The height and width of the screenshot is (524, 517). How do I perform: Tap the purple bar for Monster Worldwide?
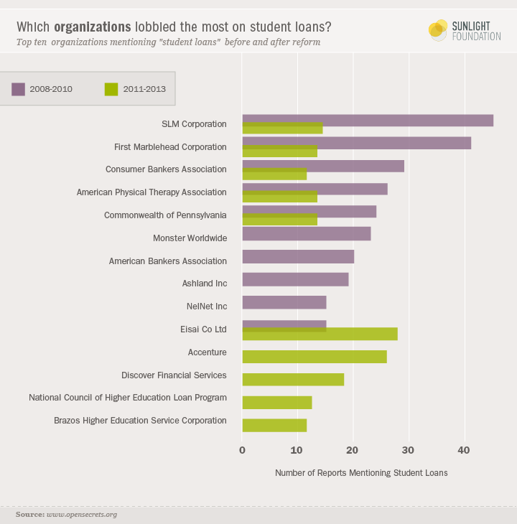tap(307, 234)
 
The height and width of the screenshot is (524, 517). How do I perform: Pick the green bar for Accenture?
tap(315, 357)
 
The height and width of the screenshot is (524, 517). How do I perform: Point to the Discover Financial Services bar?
tap(293, 380)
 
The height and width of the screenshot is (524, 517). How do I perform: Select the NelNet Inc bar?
tap(284, 302)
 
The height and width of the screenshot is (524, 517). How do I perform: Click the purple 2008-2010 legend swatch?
tap(18, 90)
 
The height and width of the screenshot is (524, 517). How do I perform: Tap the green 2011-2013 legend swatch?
tap(111, 90)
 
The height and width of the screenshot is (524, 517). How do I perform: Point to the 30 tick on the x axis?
tap(409, 450)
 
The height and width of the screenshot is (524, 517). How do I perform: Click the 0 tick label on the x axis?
tap(242, 450)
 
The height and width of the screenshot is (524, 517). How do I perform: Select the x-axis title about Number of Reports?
tap(361, 473)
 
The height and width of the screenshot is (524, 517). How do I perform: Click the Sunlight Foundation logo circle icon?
tap(437, 29)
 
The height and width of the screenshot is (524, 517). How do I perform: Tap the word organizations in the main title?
tap(93, 27)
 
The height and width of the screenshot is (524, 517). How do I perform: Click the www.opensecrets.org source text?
tap(82, 515)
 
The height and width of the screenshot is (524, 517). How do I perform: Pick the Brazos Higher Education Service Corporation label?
tap(141, 421)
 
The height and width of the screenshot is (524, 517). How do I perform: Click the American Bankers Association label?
tap(168, 261)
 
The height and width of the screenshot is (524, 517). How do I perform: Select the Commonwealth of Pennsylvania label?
tap(165, 215)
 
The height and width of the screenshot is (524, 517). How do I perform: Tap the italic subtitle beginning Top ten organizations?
tap(169, 42)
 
